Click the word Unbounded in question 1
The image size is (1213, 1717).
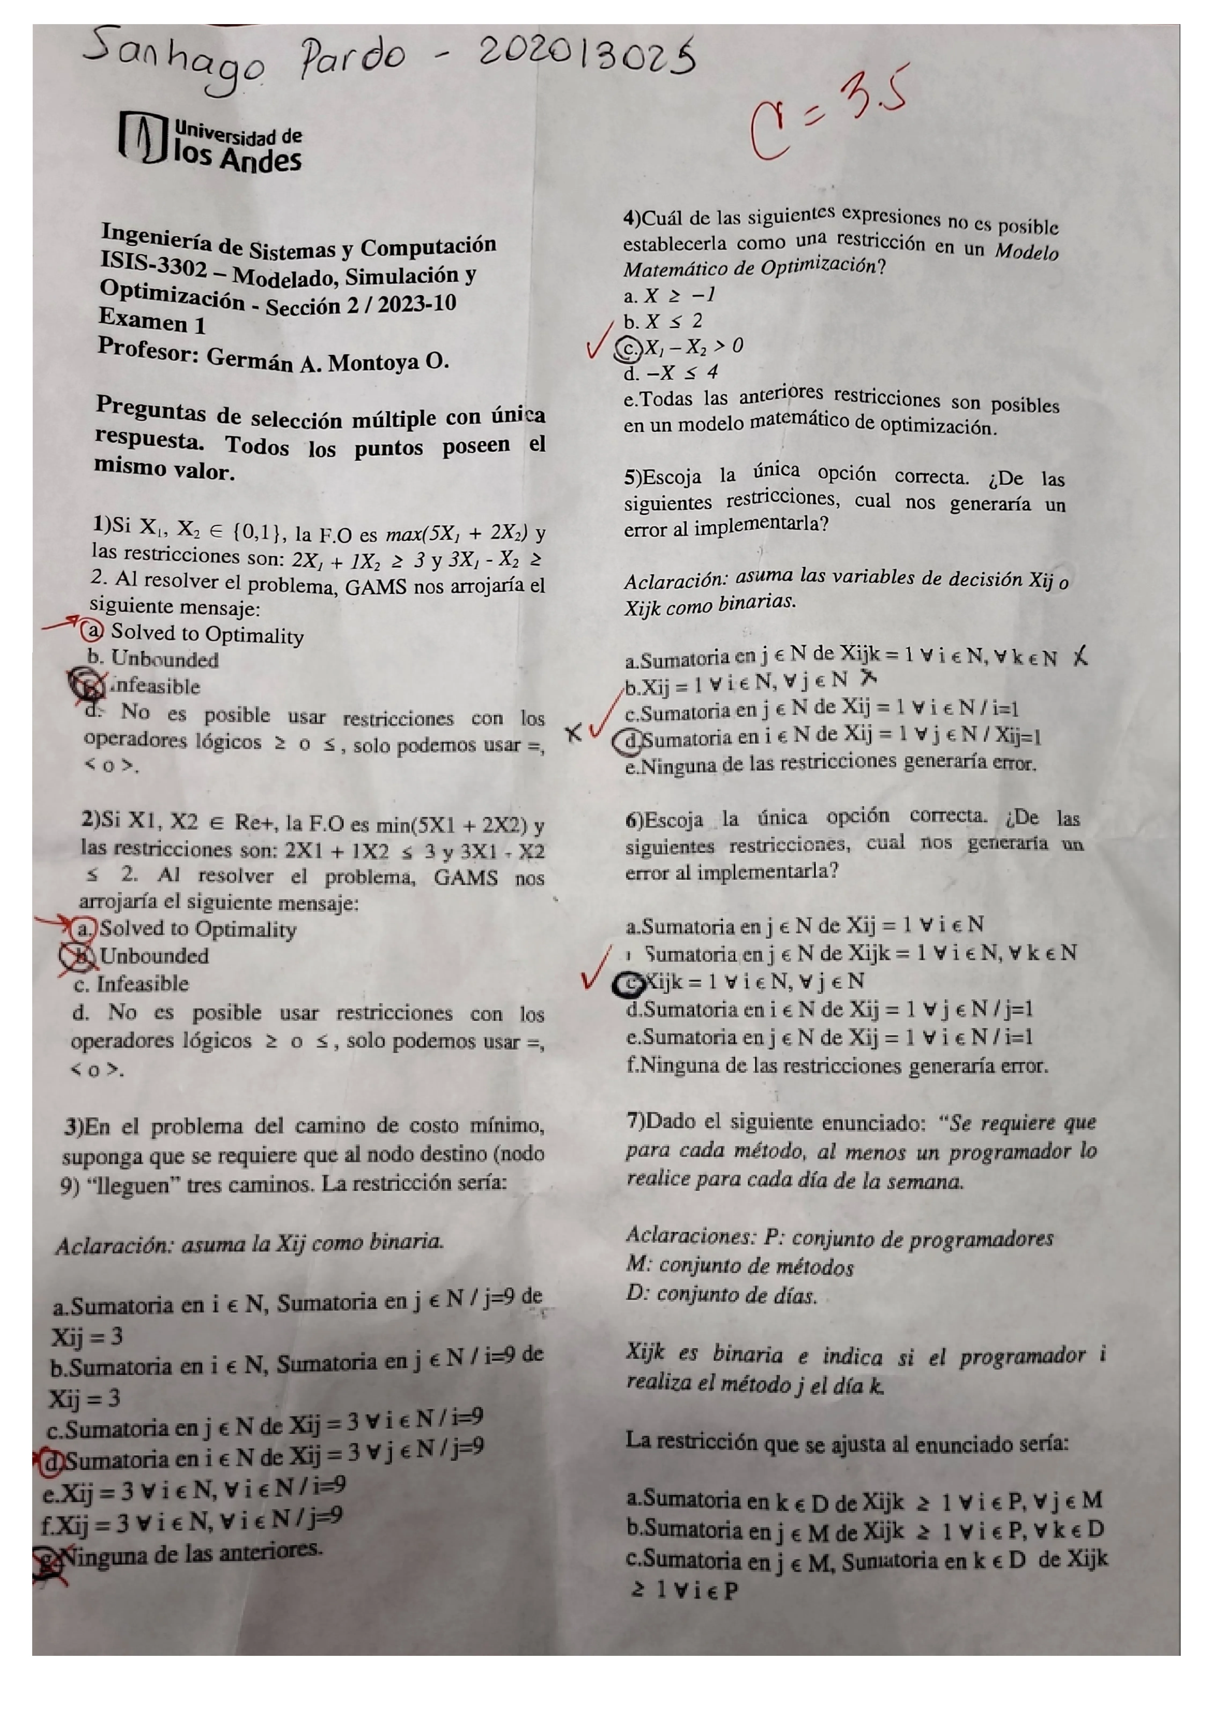click(x=164, y=660)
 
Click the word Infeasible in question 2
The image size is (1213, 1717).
click(x=142, y=984)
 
